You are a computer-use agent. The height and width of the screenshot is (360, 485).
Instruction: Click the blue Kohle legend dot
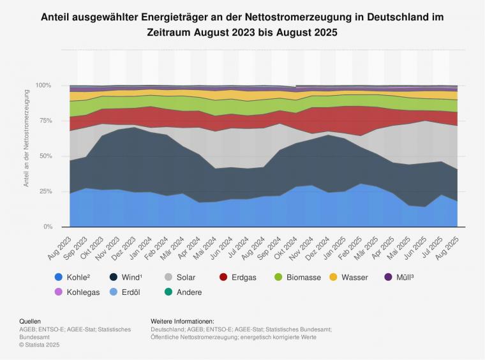coord(59,278)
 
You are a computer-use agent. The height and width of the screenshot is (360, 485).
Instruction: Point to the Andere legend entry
coord(183,292)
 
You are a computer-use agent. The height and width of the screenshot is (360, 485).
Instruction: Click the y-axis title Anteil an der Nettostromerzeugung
coord(27,138)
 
